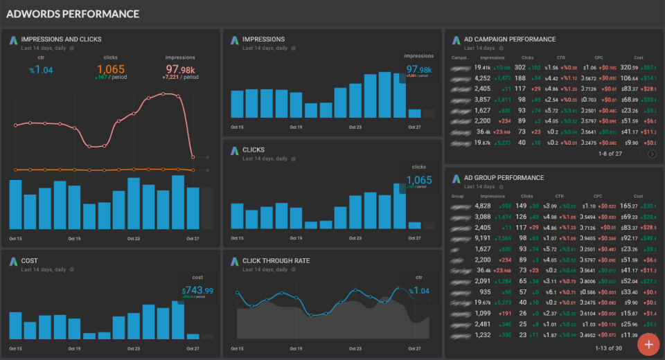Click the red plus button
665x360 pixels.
pos(648,343)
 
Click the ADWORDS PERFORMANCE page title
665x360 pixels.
pos(73,14)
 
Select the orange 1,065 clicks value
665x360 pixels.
pos(111,69)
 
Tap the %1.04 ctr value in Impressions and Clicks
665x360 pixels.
pos(41,69)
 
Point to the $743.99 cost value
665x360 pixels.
pos(197,290)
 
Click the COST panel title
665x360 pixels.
pos(30,261)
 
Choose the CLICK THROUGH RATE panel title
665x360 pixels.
pos(276,261)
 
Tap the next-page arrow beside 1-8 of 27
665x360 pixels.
pos(652,154)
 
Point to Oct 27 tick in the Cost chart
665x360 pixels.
pos(193,348)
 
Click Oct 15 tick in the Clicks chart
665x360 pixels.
pos(237,237)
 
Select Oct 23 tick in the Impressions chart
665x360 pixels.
pos(355,127)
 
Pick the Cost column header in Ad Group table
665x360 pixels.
pos(637,196)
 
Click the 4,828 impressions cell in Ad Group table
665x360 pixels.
pos(481,206)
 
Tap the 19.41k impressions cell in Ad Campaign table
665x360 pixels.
pos(483,68)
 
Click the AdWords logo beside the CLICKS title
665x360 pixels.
pos(234,150)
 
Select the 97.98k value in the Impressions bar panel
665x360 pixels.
pos(419,69)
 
